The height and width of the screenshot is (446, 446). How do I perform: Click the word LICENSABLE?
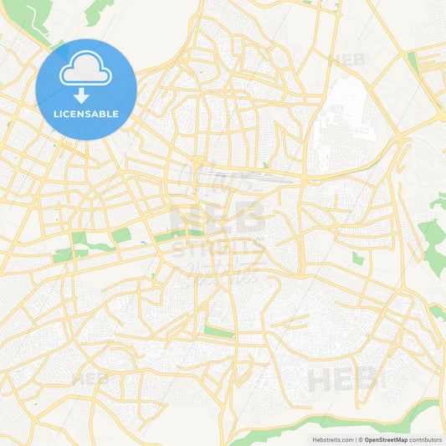click(x=86, y=114)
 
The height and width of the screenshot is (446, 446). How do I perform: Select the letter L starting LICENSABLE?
click(x=56, y=114)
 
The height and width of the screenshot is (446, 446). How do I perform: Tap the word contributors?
click(x=425, y=438)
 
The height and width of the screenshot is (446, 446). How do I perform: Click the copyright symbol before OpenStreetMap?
click(x=360, y=438)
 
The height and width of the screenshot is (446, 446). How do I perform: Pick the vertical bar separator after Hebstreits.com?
click(x=355, y=438)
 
